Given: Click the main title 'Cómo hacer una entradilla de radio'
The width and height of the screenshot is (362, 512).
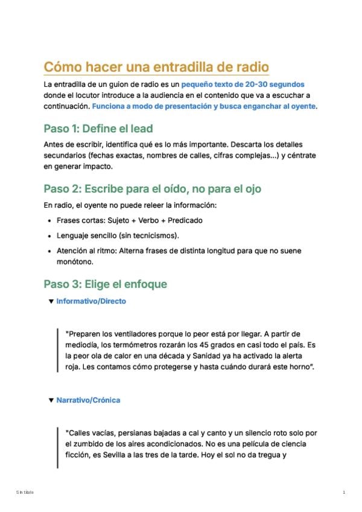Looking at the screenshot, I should click(156, 66).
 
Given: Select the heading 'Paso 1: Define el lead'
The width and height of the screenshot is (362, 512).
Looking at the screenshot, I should click(98, 129).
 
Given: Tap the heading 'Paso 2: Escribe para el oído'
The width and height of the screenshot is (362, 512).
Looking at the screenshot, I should click(152, 189).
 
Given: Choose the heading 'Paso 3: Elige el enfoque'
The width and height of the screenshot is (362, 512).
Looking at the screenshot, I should click(105, 284).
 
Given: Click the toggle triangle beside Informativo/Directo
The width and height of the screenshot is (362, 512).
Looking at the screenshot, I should click(51, 301).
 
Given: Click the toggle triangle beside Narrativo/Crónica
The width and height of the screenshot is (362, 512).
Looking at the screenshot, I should click(51, 400).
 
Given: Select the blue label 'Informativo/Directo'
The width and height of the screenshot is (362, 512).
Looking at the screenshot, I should click(91, 301).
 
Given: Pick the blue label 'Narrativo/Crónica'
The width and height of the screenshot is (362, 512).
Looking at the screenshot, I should click(88, 400).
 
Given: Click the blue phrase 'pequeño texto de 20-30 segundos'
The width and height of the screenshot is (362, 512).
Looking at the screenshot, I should click(243, 85).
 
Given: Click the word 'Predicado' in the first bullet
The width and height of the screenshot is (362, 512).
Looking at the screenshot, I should click(183, 220).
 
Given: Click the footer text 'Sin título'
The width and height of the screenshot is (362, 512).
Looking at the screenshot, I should click(25, 493).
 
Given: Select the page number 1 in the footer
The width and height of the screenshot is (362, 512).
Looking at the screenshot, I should click(343, 493).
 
